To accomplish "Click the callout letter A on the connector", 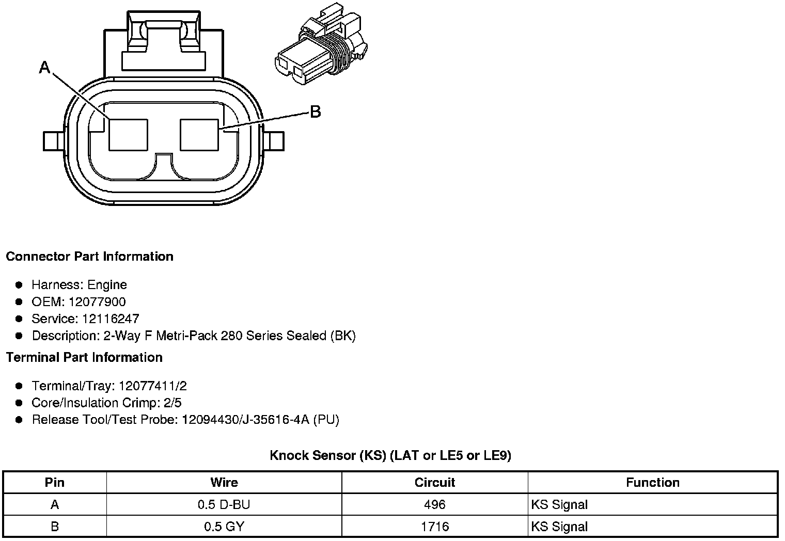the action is [45, 67].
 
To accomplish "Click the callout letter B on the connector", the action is [315, 112].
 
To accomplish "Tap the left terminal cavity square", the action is [128, 135].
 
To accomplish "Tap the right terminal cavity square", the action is [199, 135].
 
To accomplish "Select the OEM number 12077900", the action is [97, 302].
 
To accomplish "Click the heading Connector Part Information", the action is [89, 257].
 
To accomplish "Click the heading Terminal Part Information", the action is [84, 357].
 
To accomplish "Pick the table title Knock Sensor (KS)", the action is [390, 455].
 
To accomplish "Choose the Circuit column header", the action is [434, 483].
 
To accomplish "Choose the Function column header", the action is [652, 483].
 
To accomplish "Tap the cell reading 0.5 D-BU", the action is [224, 505].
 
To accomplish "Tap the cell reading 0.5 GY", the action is [224, 527].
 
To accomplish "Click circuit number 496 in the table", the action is [434, 505].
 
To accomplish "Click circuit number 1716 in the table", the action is [434, 527].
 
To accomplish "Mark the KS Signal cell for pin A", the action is [559, 505].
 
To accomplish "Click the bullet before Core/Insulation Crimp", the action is [19, 403].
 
